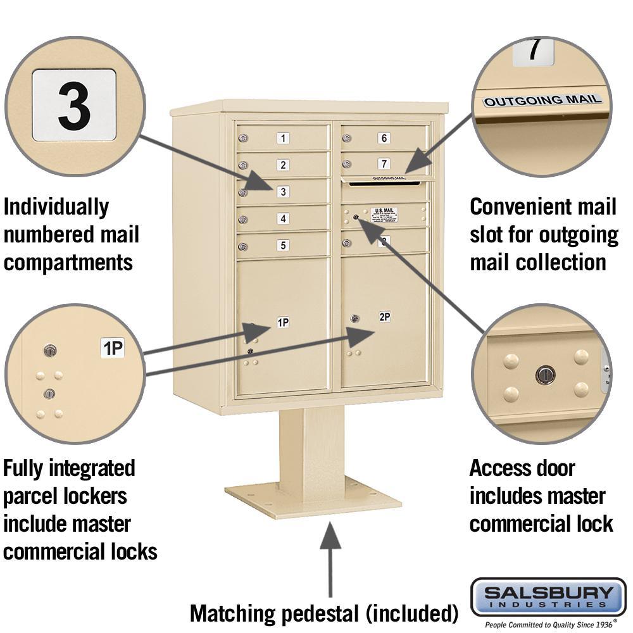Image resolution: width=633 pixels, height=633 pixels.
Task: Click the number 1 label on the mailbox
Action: (284, 138)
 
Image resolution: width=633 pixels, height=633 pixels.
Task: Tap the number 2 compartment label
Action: (284, 165)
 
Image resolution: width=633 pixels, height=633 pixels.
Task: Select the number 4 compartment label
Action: (284, 219)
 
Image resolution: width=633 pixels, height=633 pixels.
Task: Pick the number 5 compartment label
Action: (284, 245)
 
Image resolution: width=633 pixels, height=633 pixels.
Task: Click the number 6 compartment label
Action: (384, 138)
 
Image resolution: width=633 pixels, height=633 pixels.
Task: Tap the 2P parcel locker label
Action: (384, 316)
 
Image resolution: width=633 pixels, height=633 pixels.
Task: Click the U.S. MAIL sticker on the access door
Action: (384, 215)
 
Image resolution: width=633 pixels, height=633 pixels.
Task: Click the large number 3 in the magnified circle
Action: (74, 105)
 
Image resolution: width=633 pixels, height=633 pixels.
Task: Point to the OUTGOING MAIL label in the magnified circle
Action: (542, 100)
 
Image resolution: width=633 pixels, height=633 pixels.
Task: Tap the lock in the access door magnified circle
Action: (544, 375)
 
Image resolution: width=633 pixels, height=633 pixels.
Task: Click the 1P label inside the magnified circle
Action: (113, 348)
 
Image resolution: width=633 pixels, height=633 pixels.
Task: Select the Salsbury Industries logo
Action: (548, 597)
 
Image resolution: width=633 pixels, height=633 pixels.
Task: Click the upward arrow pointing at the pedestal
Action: (330, 557)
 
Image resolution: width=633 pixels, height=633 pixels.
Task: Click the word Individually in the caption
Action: (56, 206)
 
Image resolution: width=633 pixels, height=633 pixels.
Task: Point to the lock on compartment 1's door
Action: (242, 138)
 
